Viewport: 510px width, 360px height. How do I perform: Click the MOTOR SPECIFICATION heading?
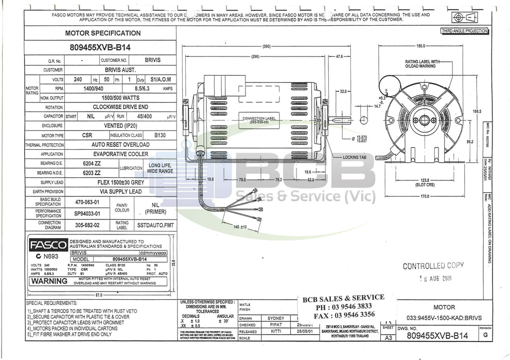102,33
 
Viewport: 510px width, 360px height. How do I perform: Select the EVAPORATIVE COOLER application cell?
121,154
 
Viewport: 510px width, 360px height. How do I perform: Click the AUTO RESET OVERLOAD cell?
121,145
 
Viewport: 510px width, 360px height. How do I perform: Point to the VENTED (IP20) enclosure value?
121,125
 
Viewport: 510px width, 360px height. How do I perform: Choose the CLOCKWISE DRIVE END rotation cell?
121,107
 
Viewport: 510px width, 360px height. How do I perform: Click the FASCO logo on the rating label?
48,244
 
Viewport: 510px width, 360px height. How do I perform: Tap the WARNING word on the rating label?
48,281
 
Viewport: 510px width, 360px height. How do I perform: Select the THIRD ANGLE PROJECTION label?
464,31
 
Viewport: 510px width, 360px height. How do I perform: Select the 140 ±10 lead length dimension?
240,227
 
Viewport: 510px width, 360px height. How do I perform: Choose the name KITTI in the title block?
272,332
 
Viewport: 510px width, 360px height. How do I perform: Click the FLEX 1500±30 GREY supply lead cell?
121,182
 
